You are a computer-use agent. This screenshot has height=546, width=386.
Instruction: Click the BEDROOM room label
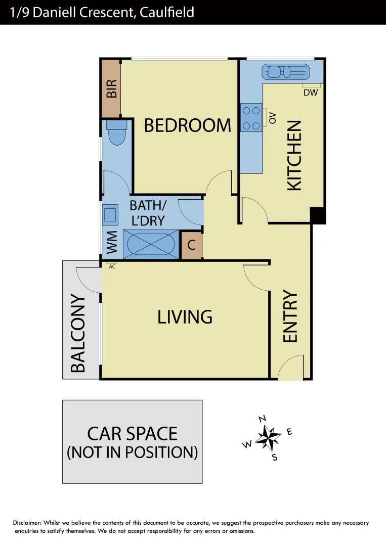(187, 125)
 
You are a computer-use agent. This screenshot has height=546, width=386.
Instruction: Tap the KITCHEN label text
(294, 155)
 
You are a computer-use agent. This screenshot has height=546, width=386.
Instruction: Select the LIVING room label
(185, 317)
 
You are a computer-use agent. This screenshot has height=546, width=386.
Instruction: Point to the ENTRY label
(290, 316)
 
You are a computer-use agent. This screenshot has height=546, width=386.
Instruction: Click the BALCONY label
(77, 333)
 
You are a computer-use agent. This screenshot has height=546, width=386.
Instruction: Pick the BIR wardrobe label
(111, 88)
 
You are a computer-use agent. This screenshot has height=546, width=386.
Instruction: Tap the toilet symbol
(116, 133)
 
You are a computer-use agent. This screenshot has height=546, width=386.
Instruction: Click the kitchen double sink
(285, 71)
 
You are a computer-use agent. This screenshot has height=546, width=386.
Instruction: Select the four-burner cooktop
(251, 118)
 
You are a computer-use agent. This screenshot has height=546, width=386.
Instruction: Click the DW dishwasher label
(310, 93)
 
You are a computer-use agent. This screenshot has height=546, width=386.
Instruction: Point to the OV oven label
(273, 118)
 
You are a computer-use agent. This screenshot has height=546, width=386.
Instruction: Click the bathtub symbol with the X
(151, 245)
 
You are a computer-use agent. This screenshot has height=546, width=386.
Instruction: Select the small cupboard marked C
(191, 246)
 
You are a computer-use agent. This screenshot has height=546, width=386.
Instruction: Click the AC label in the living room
(112, 266)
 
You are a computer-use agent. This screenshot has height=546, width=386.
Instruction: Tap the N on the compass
(262, 419)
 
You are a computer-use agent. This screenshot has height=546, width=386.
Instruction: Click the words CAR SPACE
(132, 434)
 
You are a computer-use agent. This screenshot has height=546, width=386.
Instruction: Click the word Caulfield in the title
(164, 12)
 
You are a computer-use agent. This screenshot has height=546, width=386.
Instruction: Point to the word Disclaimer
(27, 523)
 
